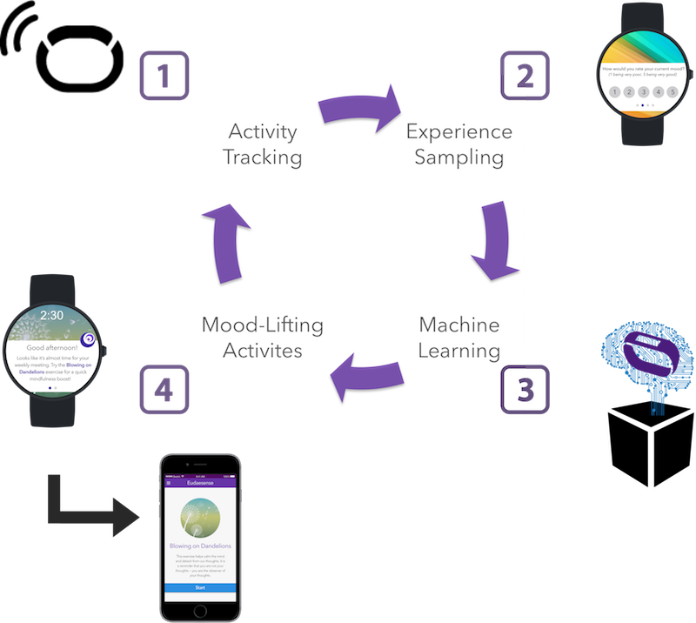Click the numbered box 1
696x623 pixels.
(x=163, y=75)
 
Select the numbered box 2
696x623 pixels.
(x=524, y=75)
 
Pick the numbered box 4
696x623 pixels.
(x=163, y=388)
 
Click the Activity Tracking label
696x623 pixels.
(x=263, y=145)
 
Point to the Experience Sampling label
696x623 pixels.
(x=459, y=145)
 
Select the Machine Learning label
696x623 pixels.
(x=459, y=338)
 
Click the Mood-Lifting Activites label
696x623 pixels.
(x=263, y=338)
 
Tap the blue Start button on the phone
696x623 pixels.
(x=200, y=588)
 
